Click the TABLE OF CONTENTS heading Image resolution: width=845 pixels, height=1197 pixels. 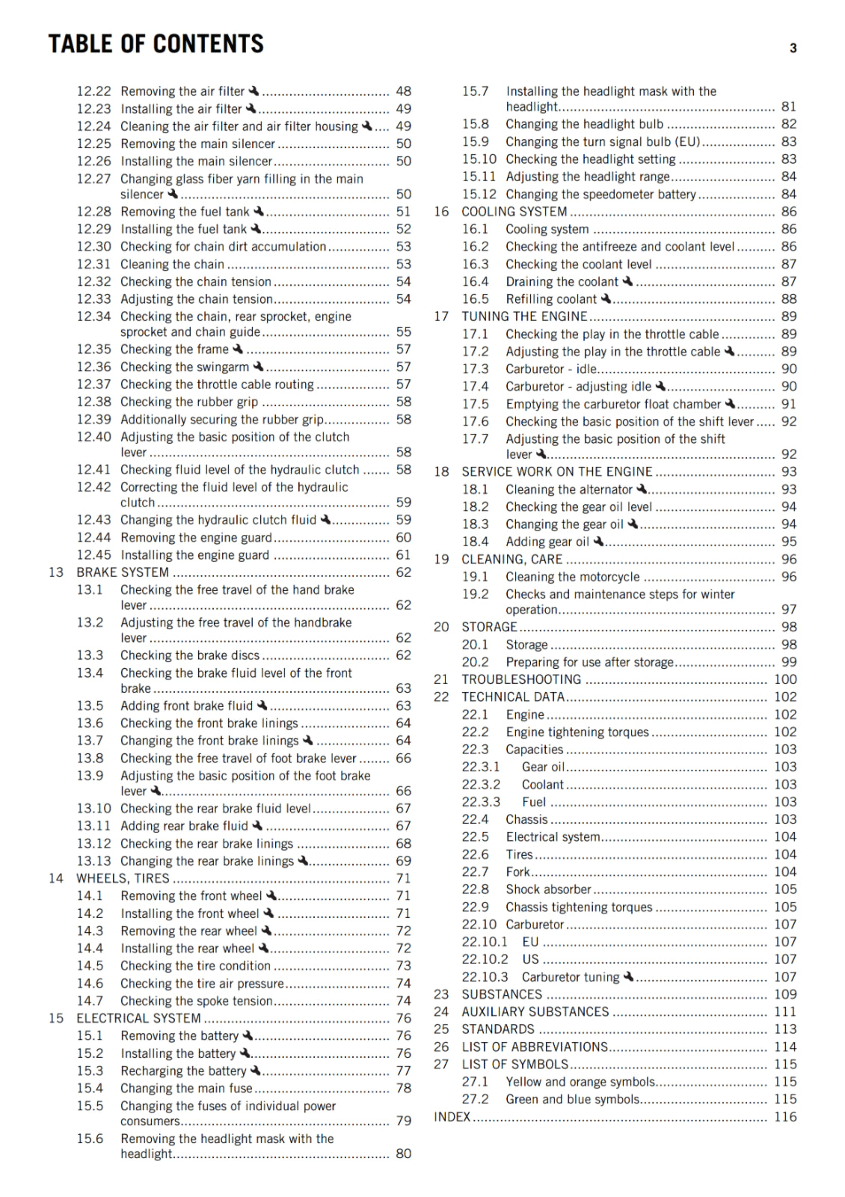coord(156,44)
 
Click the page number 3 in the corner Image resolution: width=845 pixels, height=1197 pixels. coord(793,49)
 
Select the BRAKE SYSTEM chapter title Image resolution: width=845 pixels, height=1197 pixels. coord(123,572)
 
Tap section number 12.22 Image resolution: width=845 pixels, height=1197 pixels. coord(93,91)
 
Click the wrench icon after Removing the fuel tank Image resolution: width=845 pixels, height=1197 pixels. coord(259,212)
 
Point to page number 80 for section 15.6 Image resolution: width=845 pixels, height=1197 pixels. coord(403,1154)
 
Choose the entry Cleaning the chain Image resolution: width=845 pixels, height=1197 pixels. coord(172,264)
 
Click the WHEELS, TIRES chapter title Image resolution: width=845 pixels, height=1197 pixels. coord(123,878)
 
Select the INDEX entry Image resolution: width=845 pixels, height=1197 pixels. coord(452,1117)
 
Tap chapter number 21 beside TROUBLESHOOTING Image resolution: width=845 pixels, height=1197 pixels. coord(441,679)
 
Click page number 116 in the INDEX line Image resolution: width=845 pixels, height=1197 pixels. coord(784,1117)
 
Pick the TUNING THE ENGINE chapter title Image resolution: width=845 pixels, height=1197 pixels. coord(524,316)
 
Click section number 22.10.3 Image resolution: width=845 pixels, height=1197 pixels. coord(485,977)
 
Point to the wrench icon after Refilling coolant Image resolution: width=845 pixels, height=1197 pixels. coord(606,299)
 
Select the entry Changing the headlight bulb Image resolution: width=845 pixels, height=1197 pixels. coord(584,124)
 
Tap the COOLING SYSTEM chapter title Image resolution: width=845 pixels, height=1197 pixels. coord(514,212)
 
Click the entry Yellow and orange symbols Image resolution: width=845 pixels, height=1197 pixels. coord(580,1082)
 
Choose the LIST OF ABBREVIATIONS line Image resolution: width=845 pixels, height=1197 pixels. coord(535,1047)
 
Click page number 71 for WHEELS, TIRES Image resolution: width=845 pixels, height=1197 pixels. coord(403,878)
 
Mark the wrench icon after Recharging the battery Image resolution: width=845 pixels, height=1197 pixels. coord(255,1071)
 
